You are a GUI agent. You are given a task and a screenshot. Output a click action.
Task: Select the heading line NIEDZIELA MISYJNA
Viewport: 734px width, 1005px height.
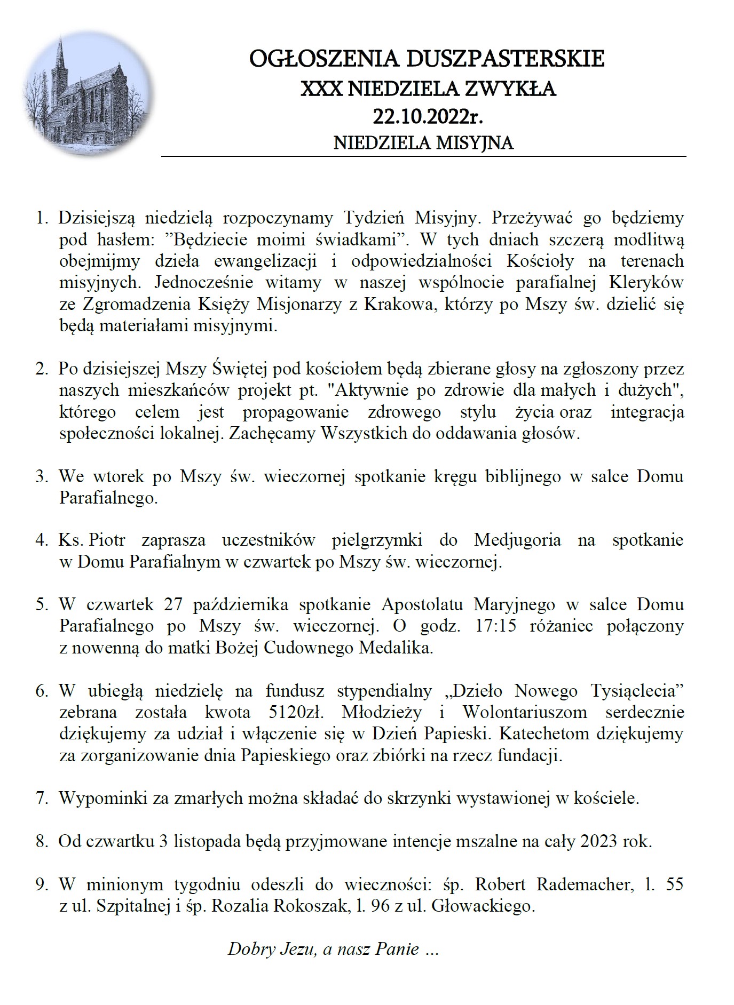click(x=423, y=143)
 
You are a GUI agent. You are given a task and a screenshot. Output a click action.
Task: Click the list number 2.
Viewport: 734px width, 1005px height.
click(x=42, y=369)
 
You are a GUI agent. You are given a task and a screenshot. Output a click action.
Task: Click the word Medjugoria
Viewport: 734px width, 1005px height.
click(x=517, y=540)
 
